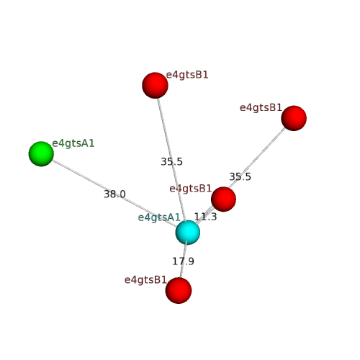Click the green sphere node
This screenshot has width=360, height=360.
pyautogui.click(x=41, y=154)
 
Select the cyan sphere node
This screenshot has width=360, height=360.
pyautogui.click(x=188, y=233)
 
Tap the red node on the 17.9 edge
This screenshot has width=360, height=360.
pyautogui.click(x=179, y=290)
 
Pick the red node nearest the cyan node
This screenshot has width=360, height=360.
pyautogui.click(x=223, y=199)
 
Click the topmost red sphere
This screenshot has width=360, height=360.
pyautogui.click(x=155, y=85)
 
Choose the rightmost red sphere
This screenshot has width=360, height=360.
pyautogui.click(x=294, y=118)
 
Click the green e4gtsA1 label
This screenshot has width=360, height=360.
pyautogui.click(x=73, y=143)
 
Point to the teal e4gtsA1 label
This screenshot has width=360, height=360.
pyautogui.click(x=159, y=217)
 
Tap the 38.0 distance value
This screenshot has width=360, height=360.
pyautogui.click(x=114, y=194)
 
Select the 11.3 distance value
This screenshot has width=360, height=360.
pyautogui.click(x=205, y=217)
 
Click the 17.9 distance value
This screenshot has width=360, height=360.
pyautogui.click(x=183, y=261)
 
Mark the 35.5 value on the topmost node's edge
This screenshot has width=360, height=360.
pyautogui.click(x=171, y=161)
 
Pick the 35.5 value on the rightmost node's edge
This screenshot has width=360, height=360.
pyautogui.click(x=240, y=177)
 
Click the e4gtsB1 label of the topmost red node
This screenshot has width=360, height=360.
pyautogui.click(x=187, y=75)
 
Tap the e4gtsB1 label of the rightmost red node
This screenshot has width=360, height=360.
pyautogui.click(x=261, y=108)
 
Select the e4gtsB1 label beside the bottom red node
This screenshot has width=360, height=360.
pyautogui.click(x=145, y=280)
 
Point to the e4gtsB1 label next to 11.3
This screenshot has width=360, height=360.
pyautogui.click(x=191, y=189)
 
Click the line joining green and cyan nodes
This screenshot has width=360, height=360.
pyautogui.click(x=114, y=194)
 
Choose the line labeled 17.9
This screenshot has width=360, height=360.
pyautogui.click(x=184, y=260)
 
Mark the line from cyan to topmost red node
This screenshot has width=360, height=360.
pyautogui.click(x=171, y=160)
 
